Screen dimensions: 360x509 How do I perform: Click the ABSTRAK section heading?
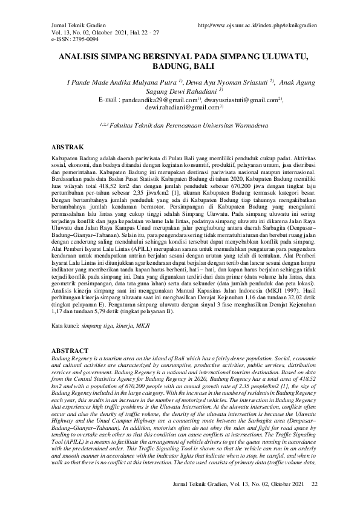(62, 147)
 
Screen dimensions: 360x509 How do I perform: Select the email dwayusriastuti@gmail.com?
(243, 99)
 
